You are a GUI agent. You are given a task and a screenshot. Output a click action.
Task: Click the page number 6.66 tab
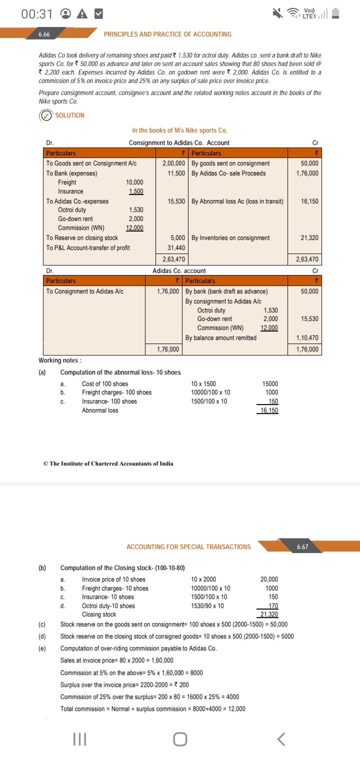[x=44, y=34]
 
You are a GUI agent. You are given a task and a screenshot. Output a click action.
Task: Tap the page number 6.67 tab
[x=302, y=546]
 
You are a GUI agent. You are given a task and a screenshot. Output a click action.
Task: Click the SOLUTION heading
[x=69, y=115]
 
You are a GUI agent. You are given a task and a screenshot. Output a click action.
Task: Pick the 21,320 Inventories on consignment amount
[x=309, y=238]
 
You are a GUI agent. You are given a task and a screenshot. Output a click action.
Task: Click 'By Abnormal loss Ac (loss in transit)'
[x=237, y=201]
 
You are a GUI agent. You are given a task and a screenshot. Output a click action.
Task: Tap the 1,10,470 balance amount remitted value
[x=307, y=338]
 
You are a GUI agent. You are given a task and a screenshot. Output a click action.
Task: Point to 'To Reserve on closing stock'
[x=82, y=238]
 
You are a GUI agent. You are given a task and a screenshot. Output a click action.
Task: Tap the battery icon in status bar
[x=335, y=14]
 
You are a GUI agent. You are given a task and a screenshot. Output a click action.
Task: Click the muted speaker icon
[x=278, y=14]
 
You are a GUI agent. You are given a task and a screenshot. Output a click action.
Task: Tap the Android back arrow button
[x=282, y=738]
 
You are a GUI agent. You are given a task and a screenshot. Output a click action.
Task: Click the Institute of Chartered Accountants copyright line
[x=108, y=463]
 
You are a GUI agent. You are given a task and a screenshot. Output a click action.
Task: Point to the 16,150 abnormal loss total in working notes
[x=269, y=410]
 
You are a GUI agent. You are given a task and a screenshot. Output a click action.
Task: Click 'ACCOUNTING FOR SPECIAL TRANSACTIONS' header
[x=188, y=546]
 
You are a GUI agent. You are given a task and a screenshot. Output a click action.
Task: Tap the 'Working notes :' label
[x=60, y=360]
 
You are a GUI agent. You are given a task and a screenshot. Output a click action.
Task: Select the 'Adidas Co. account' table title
[x=179, y=270]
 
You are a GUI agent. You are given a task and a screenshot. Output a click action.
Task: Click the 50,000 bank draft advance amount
[x=309, y=291]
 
